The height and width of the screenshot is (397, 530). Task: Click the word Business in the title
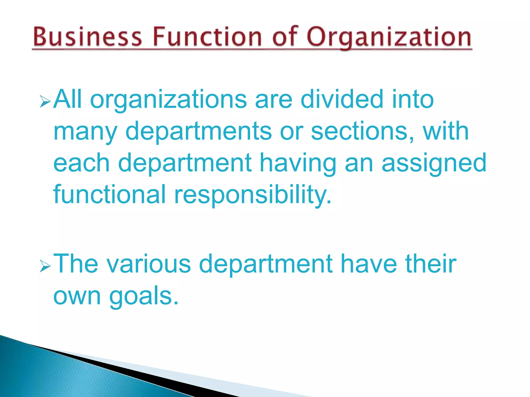(87, 37)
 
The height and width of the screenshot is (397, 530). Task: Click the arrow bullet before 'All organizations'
(45, 102)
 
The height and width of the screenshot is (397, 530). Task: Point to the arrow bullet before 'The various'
(45, 266)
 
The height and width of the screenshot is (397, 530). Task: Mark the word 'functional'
(109, 194)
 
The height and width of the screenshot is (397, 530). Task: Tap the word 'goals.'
(144, 296)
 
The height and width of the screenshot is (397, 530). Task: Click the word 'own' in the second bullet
(77, 296)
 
